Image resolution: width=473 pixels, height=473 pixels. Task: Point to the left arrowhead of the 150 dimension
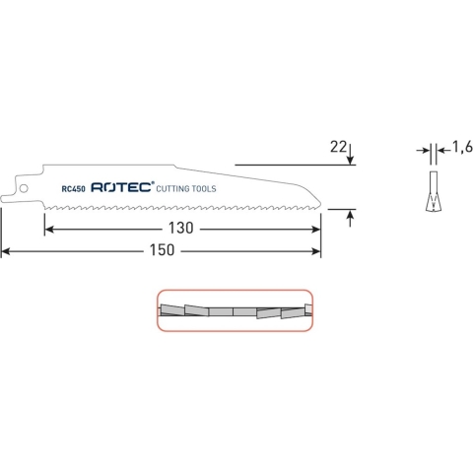tap(6, 251)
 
